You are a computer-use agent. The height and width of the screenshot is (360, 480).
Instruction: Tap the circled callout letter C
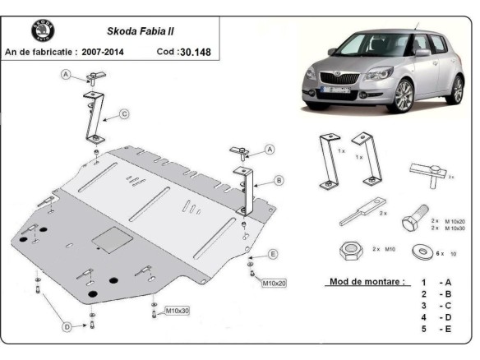click(123, 113)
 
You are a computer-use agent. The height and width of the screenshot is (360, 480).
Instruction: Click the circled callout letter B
click(279, 179)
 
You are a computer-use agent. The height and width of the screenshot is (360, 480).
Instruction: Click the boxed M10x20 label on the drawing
click(274, 284)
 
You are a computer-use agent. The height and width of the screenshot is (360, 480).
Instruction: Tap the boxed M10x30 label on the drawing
click(178, 311)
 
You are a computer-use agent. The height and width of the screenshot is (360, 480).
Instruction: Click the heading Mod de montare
click(366, 281)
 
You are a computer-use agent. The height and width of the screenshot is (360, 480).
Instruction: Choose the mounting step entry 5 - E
click(436, 329)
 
